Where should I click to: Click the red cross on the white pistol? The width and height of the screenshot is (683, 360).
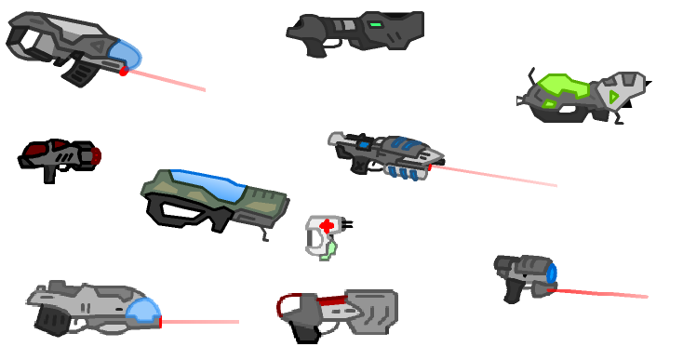click(x=326, y=225)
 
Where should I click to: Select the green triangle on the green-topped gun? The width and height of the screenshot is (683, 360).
click(x=613, y=95)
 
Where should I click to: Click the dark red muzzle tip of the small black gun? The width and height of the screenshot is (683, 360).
click(x=96, y=155)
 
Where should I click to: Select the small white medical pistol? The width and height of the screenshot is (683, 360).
click(x=323, y=235)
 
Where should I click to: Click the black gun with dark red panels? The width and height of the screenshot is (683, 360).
click(x=58, y=156)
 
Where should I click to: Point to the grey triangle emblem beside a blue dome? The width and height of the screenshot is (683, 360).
click(x=97, y=44)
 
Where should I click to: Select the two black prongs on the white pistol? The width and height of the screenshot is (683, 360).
click(x=347, y=223)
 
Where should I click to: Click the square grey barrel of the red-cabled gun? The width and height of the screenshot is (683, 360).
click(x=372, y=311)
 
